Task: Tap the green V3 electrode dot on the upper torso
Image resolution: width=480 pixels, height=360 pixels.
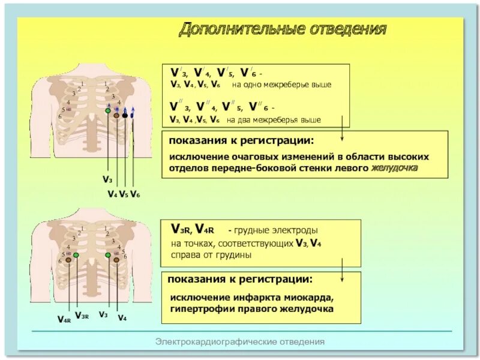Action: click(108, 111)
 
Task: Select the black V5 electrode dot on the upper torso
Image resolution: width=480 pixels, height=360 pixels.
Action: click(125, 114)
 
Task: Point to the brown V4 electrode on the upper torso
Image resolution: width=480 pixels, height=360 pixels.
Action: click(117, 115)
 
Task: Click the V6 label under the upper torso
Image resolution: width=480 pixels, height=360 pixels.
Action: click(135, 194)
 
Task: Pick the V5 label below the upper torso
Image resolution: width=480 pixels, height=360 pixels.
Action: click(123, 194)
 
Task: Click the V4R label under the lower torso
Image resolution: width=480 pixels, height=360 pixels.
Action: click(64, 320)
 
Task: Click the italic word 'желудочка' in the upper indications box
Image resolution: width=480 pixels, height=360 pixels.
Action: click(394, 169)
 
